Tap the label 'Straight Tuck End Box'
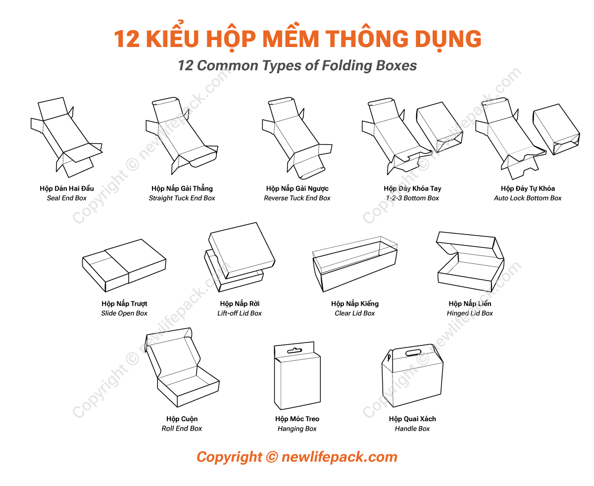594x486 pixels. click(182, 198)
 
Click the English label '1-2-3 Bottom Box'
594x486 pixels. click(412, 198)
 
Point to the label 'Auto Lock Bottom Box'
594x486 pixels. click(528, 198)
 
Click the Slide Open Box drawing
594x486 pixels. click(124, 265)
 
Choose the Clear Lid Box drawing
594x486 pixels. click(354, 265)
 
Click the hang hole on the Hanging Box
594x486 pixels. click(294, 351)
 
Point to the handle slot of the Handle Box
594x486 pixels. click(413, 353)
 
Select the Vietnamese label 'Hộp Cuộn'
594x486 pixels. click(182, 419)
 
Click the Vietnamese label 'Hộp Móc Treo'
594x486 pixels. click(297, 419)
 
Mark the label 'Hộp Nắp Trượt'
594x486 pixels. click(124, 304)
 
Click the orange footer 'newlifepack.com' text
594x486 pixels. click(339, 457)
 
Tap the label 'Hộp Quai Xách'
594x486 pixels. click(412, 419)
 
